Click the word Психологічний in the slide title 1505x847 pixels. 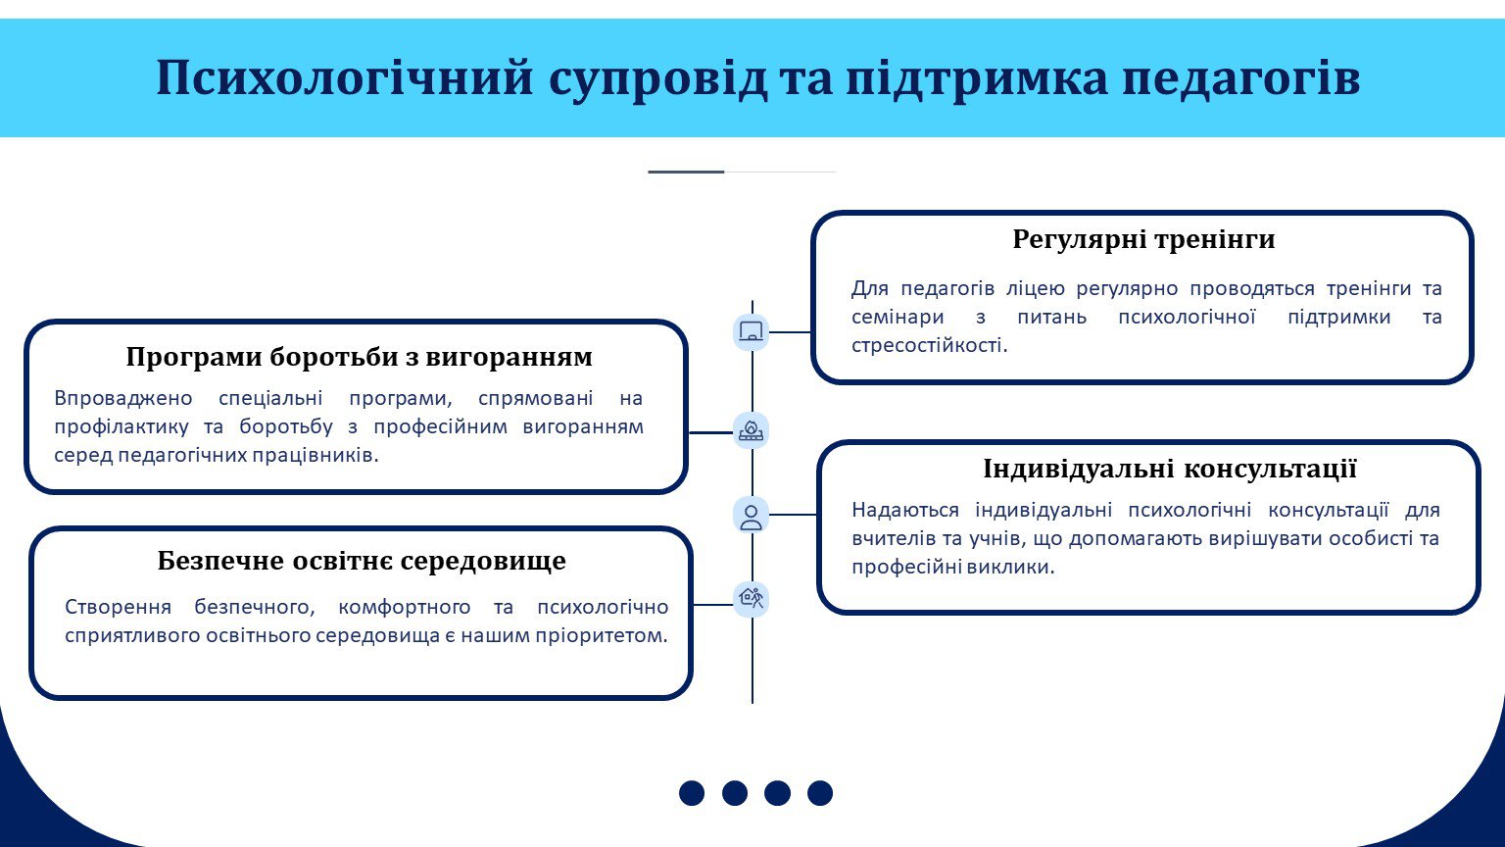point(345,78)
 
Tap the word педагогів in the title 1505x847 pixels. point(1241,79)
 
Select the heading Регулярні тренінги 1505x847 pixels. point(1143,239)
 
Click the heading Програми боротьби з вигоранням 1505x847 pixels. point(359,357)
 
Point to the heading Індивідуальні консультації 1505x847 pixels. point(1170,469)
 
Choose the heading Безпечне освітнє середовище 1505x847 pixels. point(362,561)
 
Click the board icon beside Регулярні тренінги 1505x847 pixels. point(751,331)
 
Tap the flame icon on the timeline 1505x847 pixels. point(751,430)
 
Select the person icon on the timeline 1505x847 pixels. point(751,517)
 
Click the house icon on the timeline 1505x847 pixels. point(751,598)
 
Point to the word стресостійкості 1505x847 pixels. point(929,345)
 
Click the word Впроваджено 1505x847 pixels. point(122,399)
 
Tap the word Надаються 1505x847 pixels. point(905,510)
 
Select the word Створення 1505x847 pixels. point(118,607)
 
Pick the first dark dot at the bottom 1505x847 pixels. point(692,793)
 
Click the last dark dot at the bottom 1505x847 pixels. point(820,793)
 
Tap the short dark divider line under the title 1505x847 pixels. point(686,173)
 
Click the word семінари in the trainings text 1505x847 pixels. point(898,317)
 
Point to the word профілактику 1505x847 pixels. point(121,427)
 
